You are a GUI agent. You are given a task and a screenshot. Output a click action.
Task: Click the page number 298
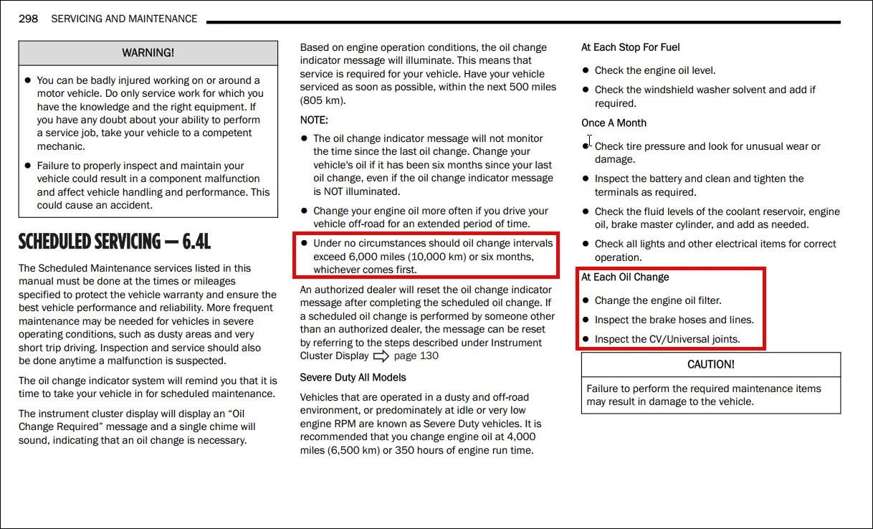click(x=28, y=19)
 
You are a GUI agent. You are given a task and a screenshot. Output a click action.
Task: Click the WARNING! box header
click(x=148, y=53)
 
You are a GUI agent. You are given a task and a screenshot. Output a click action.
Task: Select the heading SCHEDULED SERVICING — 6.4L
click(x=115, y=242)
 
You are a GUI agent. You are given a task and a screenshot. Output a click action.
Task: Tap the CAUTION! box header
click(x=710, y=364)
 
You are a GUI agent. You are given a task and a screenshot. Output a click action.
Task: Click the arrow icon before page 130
click(x=381, y=356)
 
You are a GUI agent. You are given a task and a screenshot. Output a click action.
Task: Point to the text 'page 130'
click(x=416, y=356)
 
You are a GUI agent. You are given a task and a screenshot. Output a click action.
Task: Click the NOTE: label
click(x=314, y=120)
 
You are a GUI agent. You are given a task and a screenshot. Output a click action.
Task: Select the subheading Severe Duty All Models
click(x=353, y=378)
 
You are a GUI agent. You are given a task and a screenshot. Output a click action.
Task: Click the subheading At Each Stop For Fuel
click(x=630, y=47)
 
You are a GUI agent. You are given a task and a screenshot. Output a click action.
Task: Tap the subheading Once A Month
click(x=614, y=123)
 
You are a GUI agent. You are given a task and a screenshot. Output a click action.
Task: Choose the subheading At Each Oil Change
click(x=625, y=277)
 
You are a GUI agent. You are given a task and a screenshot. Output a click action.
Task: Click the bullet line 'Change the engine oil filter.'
click(x=658, y=300)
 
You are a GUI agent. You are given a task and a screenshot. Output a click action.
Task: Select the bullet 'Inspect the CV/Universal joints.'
click(x=667, y=339)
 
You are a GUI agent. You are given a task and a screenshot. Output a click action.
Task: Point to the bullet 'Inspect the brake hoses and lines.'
click(x=674, y=320)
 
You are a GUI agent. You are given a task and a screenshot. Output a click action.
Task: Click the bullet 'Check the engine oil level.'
click(x=654, y=70)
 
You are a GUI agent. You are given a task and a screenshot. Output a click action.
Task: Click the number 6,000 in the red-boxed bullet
click(x=365, y=257)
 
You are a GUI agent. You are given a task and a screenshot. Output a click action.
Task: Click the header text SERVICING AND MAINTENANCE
click(x=124, y=19)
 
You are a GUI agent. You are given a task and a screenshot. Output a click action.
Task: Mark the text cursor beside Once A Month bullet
click(x=589, y=141)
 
